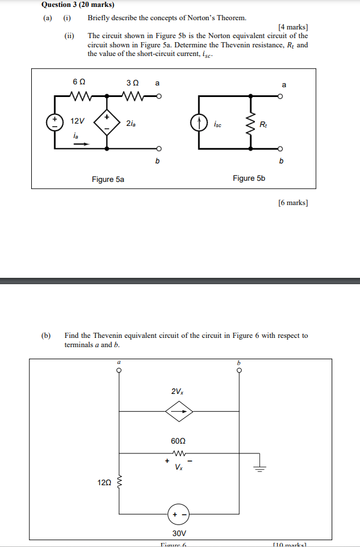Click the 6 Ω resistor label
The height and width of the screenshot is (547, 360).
point(79,83)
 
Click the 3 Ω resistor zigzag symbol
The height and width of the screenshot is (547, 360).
point(134,96)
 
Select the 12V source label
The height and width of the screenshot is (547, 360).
point(77,121)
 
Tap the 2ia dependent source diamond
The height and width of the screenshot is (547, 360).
point(106,121)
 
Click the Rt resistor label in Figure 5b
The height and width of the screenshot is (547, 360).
point(263,124)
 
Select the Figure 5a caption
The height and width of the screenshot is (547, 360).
point(108,180)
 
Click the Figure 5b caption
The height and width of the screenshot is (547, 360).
point(249,178)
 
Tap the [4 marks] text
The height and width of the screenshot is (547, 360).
point(293,27)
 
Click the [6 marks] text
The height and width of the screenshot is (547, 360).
point(293,203)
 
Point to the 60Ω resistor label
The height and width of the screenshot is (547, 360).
point(179,441)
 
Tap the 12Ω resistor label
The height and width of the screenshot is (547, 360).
point(105,482)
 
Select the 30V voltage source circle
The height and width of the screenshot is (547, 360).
point(179,513)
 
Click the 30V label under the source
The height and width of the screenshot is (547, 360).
point(179,533)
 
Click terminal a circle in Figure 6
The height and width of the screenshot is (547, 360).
point(119,371)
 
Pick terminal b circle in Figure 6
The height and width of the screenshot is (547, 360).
point(239,371)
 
